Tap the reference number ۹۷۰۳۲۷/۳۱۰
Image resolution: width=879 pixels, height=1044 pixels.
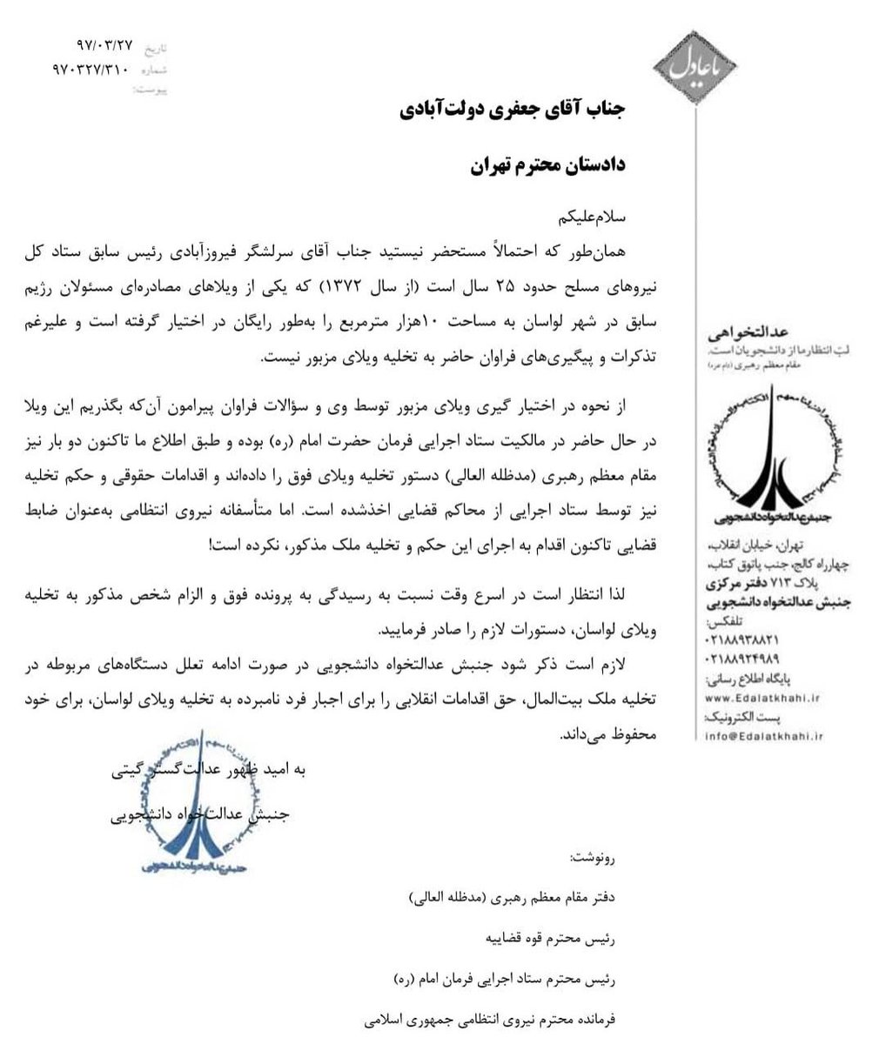click(91, 68)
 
